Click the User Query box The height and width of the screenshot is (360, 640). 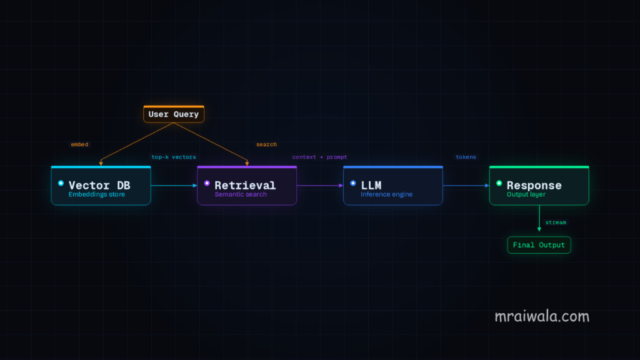coord(174,114)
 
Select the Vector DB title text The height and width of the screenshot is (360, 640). coord(99,185)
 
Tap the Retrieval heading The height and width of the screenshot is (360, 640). coord(245,185)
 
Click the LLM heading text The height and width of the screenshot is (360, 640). coord(371,185)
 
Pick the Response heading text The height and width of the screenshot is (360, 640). coord(534,185)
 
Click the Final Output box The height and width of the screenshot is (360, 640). coord(539,245)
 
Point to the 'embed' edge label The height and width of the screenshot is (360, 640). coord(79,144)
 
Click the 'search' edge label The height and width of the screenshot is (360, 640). coord(266,144)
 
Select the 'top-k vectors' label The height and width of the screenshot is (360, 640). coord(174,157)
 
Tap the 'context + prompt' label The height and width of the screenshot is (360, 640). coord(319,157)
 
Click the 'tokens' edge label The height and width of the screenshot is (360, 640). coord(466,157)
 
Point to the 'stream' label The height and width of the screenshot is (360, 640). coord(556,222)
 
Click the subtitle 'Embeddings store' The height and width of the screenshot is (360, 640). coord(97,194)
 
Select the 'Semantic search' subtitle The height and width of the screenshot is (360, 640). coord(241,194)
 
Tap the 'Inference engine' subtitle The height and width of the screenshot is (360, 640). coord(386,194)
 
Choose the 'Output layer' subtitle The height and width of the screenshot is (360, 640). coord(526,194)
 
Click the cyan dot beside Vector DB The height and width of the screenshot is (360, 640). coord(61,183)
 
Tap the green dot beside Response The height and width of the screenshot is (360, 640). coord(499,183)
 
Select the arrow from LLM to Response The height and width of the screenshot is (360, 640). coord(466,186)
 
